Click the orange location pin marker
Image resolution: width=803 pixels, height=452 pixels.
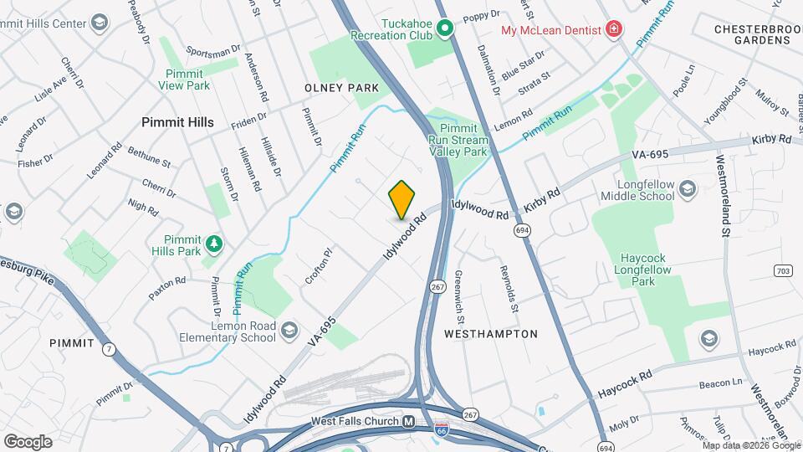coord(401,199)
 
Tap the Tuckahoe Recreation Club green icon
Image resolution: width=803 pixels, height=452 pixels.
coord(446,30)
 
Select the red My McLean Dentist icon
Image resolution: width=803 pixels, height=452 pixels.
coord(615,30)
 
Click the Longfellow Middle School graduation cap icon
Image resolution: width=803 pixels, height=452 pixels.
coord(688,187)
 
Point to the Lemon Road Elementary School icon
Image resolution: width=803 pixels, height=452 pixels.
coord(289,329)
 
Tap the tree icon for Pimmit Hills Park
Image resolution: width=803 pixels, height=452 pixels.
coord(215,243)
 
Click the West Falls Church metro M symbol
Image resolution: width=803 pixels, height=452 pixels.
coord(409,422)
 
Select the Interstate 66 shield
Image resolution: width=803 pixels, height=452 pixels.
coord(441,430)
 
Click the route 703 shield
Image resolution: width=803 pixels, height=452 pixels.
coord(782,271)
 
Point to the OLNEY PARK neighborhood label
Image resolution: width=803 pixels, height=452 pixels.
coord(341,88)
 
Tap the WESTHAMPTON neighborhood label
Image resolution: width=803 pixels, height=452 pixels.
coord(490,333)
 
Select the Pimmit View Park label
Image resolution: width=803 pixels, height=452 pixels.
coord(185,80)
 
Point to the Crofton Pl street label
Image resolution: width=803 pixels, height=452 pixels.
coord(319,266)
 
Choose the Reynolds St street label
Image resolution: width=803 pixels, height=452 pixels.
coord(509,290)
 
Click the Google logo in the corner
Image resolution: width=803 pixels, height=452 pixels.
coord(28,441)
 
